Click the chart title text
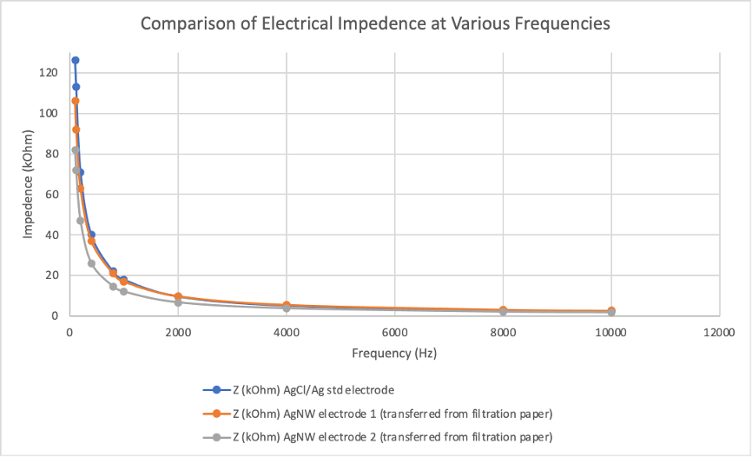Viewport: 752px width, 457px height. tap(375, 23)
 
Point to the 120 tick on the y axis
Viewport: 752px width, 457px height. tap(49, 72)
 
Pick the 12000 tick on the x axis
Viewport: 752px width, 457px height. tap(720, 332)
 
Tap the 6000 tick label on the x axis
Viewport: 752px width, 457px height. tap(395, 332)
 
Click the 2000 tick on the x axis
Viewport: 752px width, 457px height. tap(178, 332)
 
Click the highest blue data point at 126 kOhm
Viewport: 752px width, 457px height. tap(75, 60)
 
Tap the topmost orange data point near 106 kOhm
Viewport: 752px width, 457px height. tap(75, 101)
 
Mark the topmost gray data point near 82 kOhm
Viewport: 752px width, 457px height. tap(75, 150)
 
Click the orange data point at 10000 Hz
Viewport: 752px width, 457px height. tap(611, 311)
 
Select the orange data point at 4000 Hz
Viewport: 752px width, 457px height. tap(287, 306)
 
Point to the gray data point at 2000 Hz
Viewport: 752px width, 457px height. tap(178, 302)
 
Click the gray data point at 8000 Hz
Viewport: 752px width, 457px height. tap(503, 312)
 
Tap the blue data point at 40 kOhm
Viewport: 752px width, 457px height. tap(91, 235)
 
